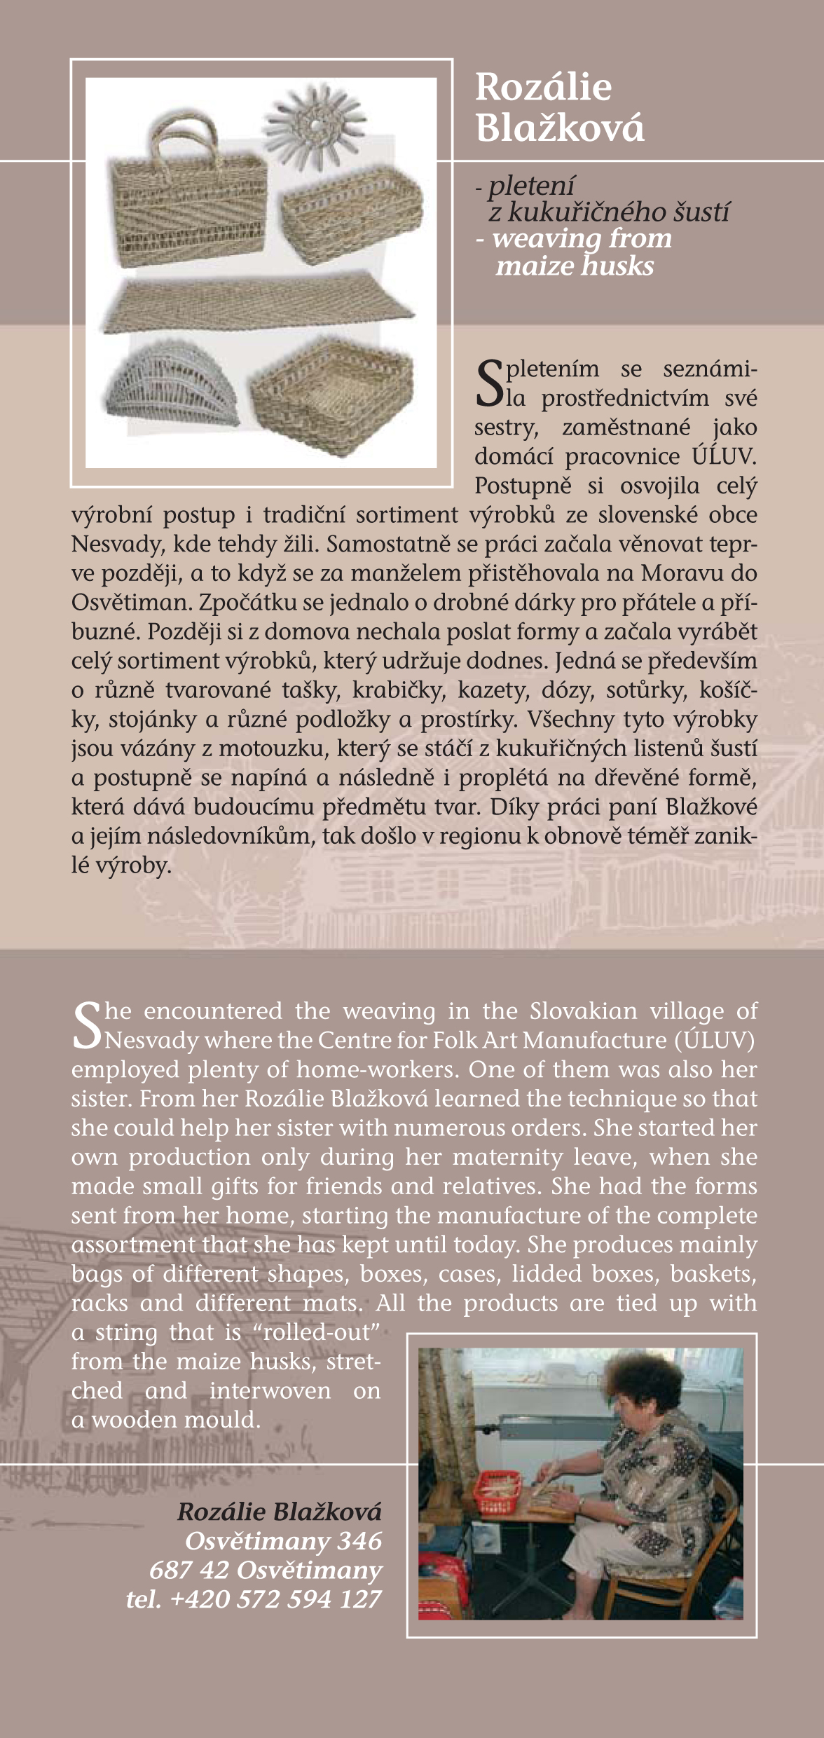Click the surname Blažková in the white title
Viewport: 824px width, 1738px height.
[x=559, y=128]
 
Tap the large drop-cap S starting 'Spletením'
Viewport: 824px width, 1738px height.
[x=488, y=383]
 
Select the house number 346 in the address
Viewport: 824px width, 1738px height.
[x=359, y=1542]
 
